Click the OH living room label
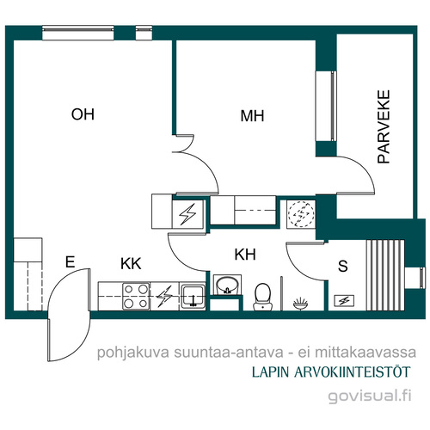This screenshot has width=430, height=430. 83,114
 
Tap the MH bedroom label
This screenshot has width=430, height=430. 252,116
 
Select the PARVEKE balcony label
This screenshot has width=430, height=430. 384,126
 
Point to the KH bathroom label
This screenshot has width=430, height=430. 245,255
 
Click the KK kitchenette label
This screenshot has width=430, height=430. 131,264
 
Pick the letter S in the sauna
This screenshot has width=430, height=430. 343,266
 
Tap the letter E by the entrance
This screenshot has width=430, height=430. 71,261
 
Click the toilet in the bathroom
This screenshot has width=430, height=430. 262,297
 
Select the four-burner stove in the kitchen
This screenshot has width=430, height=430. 136,296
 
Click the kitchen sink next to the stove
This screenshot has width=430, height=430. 193,297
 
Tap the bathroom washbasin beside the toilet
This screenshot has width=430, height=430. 227,285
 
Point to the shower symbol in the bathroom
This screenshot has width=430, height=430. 300,304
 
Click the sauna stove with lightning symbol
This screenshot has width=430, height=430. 344,301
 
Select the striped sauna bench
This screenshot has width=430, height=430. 385,275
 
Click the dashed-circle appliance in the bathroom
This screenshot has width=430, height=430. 301,214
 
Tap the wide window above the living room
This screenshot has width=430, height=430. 78,33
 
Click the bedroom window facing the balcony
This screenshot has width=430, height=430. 326,106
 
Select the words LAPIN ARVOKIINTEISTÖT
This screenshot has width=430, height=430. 331,372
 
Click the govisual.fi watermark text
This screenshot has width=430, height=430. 370,396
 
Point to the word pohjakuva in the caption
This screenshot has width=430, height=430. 133,353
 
